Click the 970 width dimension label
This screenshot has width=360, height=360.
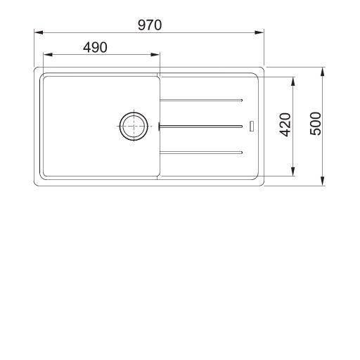pos(150,25)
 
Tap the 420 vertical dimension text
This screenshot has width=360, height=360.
pos(285,124)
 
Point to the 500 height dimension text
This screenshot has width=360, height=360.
pos(316,124)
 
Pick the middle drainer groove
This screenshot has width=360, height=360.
pos(202,127)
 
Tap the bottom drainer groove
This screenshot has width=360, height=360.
pos(202,152)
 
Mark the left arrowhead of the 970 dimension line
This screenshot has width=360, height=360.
pos(39,32)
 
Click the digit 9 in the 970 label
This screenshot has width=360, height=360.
pos(141,25)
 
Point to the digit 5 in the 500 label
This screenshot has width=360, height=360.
pos(316,133)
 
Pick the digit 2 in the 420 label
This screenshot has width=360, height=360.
pos(285,124)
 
